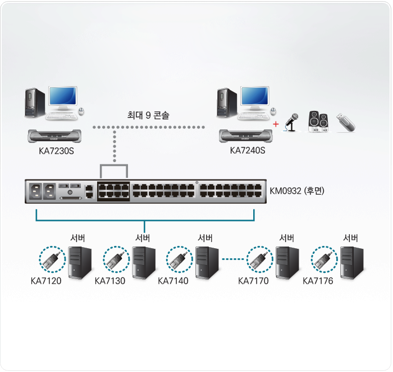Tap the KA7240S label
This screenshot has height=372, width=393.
(248, 150)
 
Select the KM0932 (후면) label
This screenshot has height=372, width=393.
(297, 191)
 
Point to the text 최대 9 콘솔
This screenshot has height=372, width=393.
(148, 115)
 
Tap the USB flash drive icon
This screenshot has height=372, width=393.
(346, 122)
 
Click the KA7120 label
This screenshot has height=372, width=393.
(46, 281)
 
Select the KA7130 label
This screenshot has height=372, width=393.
(110, 281)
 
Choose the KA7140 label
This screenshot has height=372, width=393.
(173, 281)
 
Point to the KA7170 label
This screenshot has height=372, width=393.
(253, 281)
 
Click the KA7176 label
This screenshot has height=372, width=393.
(318, 281)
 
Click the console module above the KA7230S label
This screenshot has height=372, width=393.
(54, 136)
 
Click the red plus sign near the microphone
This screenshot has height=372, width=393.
(276, 123)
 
